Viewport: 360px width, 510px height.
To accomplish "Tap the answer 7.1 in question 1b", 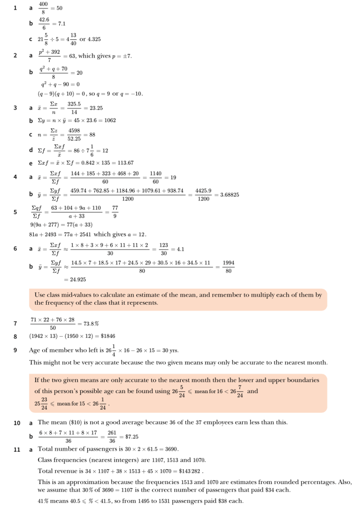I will [62, 23].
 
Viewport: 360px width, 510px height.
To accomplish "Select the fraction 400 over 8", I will [43, 8].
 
